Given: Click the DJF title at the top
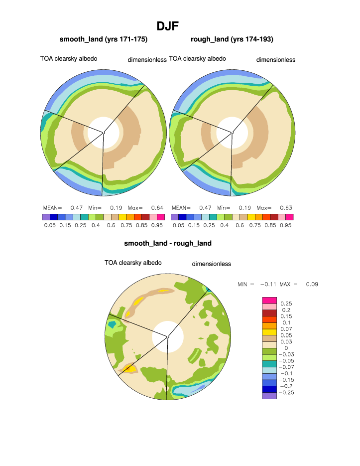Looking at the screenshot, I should click(x=168, y=26).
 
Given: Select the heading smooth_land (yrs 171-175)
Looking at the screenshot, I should click(x=104, y=39).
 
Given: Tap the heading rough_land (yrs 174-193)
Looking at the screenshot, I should click(x=232, y=39).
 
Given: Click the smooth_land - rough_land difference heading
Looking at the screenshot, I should click(x=168, y=243).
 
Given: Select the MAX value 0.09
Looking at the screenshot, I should click(x=312, y=284).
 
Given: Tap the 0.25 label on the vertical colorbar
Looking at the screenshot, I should click(x=286, y=304).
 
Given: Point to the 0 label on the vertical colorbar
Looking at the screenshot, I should click(x=286, y=348).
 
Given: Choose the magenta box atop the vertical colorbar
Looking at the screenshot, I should click(x=269, y=300).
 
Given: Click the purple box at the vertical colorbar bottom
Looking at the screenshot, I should click(x=269, y=396).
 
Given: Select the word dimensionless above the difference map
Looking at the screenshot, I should click(x=211, y=264).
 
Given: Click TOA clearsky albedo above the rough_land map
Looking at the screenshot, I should click(x=197, y=59).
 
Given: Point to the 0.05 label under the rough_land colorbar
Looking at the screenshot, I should click(x=178, y=225).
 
